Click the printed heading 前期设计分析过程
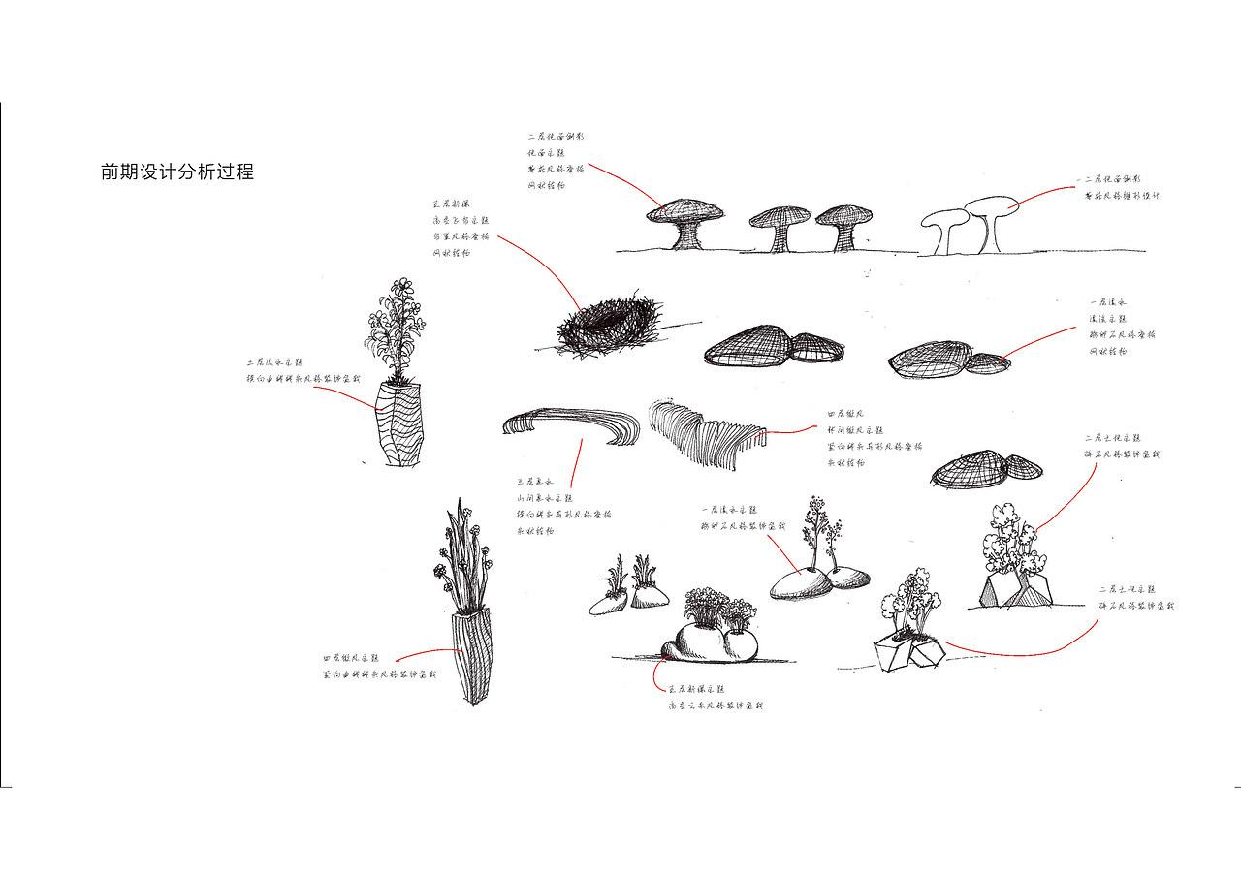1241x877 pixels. coord(177,172)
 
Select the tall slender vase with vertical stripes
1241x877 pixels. coord(473,654)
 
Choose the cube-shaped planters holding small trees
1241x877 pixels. coord(909,652)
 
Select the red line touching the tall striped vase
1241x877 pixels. coord(427,652)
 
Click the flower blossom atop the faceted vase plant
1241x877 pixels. coord(400,287)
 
